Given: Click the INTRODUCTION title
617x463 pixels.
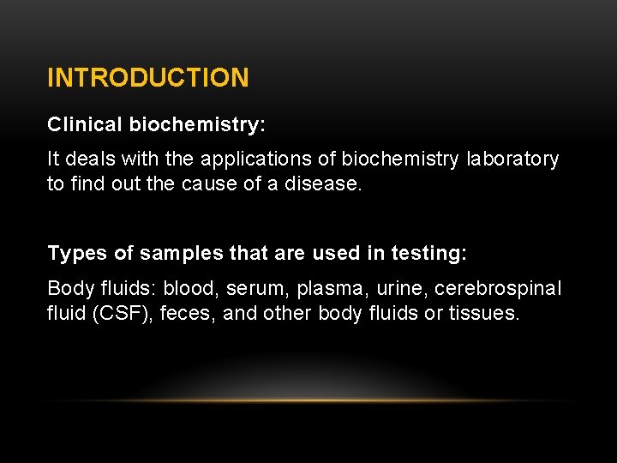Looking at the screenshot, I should tap(148, 78).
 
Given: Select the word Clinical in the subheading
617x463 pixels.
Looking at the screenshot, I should tap(85, 124).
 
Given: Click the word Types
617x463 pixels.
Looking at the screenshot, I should tap(73, 253).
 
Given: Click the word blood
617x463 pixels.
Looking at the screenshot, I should tap(191, 288).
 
